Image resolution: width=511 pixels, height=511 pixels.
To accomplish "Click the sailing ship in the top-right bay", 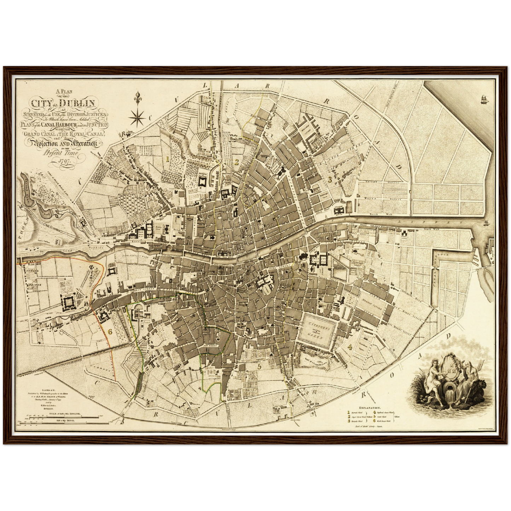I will tap(483, 100).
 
